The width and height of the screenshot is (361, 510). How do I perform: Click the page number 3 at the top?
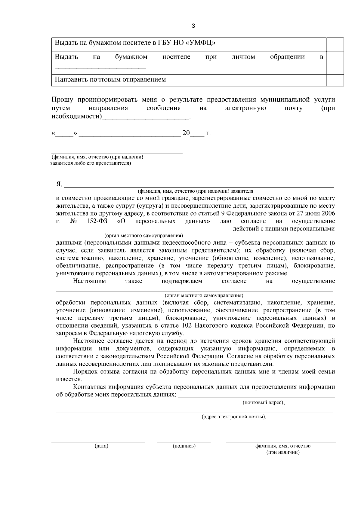[193, 26]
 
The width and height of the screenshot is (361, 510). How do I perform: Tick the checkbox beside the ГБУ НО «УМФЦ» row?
[335, 44]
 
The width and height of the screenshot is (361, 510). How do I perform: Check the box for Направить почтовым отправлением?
[335, 80]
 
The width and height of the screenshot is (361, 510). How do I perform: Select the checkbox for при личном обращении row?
[335, 63]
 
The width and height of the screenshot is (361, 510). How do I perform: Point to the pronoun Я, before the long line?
[59, 184]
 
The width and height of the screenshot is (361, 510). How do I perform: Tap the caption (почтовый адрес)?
[264, 402]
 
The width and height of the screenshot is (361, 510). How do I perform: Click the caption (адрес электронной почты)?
[234, 417]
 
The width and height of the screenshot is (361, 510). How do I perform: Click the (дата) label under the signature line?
[101, 446]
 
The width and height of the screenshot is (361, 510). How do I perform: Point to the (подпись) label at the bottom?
[184, 446]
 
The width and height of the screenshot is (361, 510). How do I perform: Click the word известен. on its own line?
[65, 379]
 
